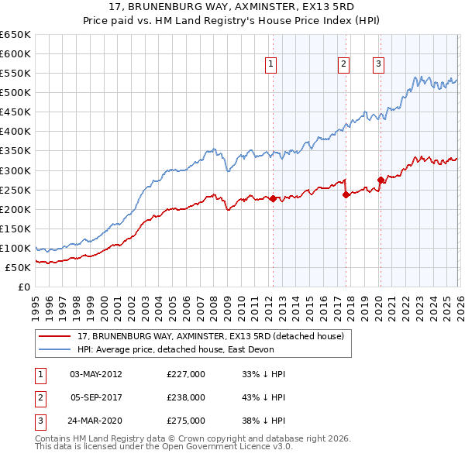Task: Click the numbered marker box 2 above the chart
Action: [x=343, y=65]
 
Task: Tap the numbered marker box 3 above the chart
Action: [x=379, y=65]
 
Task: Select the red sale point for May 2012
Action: [x=273, y=198]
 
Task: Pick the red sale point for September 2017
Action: [x=346, y=194]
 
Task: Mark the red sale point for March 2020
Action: [x=381, y=180]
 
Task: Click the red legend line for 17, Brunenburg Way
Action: [x=54, y=335]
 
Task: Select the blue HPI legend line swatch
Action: [x=54, y=349]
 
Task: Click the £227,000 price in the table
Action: [x=186, y=374]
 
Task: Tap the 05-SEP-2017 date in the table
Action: [x=96, y=397]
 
